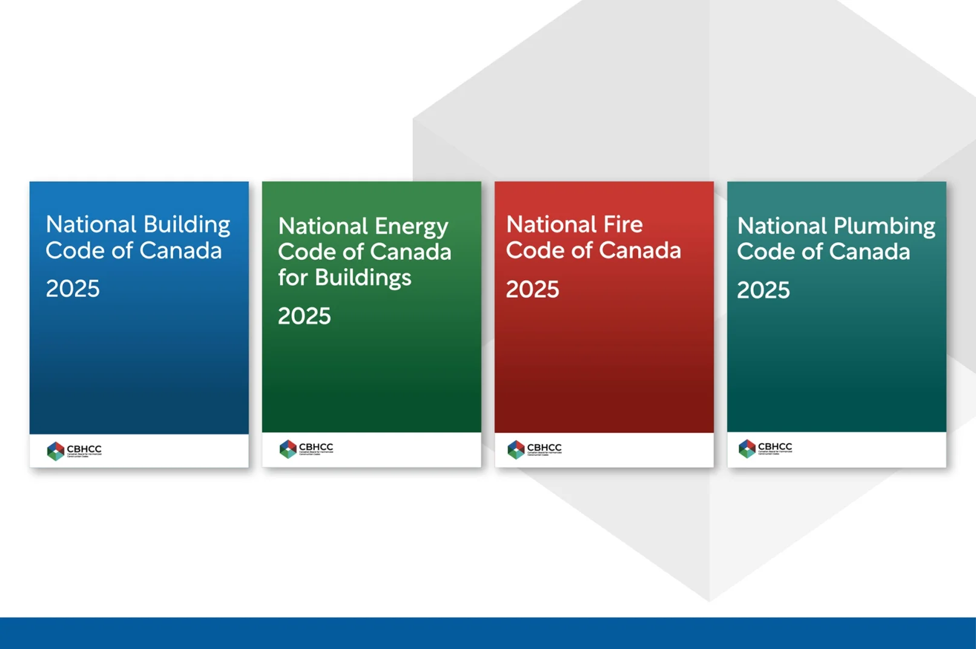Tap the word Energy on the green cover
point(411,227)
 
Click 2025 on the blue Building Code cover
point(73,289)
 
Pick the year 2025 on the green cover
point(304,316)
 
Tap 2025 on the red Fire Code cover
point(532,289)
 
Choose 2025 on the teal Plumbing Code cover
point(763,290)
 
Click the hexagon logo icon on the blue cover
point(56,450)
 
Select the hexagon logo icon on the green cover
point(288,449)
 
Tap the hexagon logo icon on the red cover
point(516,449)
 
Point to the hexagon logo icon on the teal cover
point(747,449)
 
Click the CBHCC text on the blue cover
point(84,449)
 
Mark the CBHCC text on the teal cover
point(775,447)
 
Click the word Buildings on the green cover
point(363,278)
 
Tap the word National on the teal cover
point(782,226)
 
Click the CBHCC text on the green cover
point(316,447)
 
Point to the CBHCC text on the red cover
point(544,447)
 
